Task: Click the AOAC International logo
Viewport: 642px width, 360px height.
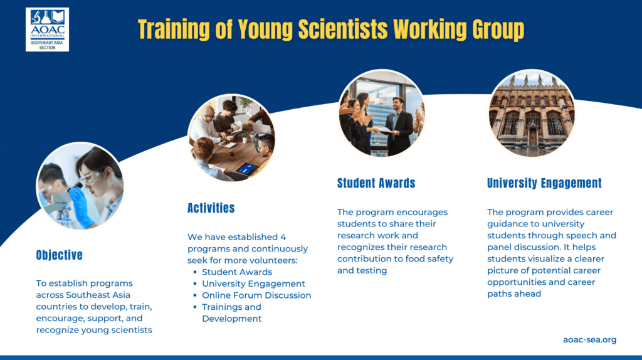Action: click(x=47, y=29)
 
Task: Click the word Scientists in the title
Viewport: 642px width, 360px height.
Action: click(x=343, y=29)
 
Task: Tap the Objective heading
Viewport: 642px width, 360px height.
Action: click(x=60, y=255)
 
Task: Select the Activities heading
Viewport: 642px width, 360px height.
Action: click(x=211, y=208)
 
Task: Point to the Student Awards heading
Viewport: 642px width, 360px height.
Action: click(x=376, y=183)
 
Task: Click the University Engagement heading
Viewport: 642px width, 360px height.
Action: click(x=544, y=183)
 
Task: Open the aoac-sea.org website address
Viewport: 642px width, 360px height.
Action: click(x=589, y=339)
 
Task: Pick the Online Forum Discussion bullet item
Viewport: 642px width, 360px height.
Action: click(x=256, y=295)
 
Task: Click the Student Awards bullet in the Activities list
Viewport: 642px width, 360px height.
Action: click(x=237, y=272)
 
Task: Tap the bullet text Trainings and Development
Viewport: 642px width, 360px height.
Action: click(x=232, y=313)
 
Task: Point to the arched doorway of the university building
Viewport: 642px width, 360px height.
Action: click(x=532, y=135)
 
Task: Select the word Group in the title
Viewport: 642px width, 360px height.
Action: click(x=498, y=30)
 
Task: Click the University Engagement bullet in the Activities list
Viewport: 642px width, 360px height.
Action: click(x=253, y=284)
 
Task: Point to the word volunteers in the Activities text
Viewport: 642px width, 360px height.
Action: click(x=275, y=260)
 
